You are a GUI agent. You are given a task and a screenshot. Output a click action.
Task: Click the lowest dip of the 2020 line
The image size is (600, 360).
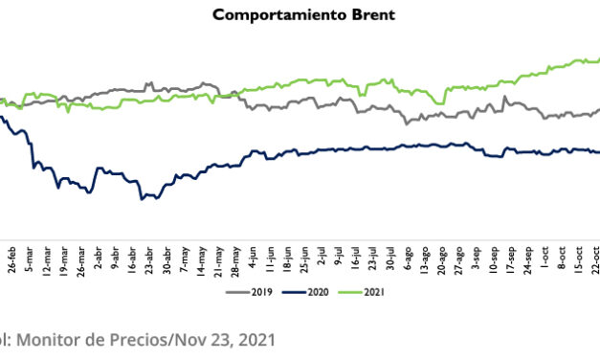(142, 199)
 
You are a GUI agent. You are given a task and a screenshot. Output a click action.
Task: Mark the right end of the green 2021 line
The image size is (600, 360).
(598, 59)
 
